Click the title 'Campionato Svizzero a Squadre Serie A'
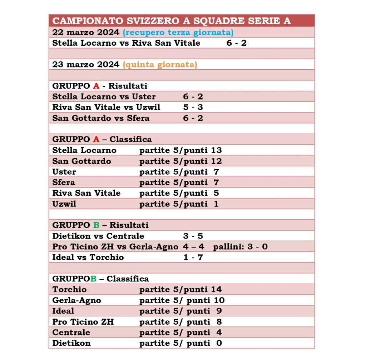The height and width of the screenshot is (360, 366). (x=172, y=21)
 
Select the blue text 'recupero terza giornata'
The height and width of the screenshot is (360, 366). (x=178, y=32)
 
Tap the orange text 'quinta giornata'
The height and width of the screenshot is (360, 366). (x=160, y=65)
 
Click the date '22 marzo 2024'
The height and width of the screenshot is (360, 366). (x=86, y=32)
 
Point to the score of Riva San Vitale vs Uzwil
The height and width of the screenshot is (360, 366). (x=193, y=107)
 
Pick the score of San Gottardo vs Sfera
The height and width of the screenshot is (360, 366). (x=193, y=118)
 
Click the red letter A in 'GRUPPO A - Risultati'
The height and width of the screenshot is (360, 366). (x=96, y=86)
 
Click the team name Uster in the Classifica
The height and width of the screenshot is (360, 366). (x=64, y=172)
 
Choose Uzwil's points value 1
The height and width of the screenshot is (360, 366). (x=216, y=204)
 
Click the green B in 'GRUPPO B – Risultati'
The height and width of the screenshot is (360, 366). (x=96, y=225)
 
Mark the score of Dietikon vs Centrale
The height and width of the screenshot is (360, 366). (x=193, y=236)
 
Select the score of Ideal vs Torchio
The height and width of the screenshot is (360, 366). (x=193, y=257)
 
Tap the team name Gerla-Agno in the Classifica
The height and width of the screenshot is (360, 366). (x=76, y=300)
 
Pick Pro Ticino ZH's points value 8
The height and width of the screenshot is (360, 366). (x=219, y=322)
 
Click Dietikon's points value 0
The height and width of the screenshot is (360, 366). (x=219, y=343)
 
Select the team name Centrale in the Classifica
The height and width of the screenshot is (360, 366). (x=71, y=332)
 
